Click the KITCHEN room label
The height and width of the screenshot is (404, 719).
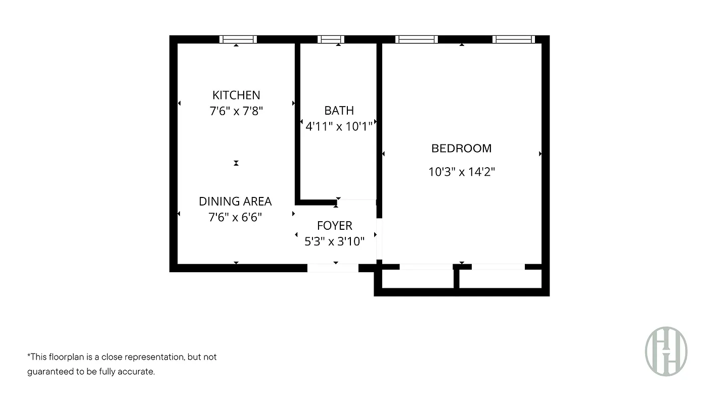point(236,95)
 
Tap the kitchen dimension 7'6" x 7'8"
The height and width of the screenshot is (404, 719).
point(236,111)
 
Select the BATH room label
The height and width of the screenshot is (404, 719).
point(339,110)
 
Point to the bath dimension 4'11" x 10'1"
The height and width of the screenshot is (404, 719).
point(339,126)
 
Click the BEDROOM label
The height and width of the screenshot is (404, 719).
point(461,148)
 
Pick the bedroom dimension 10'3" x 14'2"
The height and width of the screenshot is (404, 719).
point(461,172)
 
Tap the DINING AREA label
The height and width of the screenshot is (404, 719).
point(235,201)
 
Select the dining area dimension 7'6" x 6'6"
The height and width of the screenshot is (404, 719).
point(235,218)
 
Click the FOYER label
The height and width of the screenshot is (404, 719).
point(334,226)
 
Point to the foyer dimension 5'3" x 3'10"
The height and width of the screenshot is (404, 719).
point(334,241)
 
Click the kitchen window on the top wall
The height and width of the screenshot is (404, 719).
point(238,39)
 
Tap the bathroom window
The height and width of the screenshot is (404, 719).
point(331,39)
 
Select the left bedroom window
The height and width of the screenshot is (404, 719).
point(417,39)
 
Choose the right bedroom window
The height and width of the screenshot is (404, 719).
point(513,39)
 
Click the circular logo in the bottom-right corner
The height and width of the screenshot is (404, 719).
point(666,351)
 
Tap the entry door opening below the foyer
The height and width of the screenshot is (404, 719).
point(333,268)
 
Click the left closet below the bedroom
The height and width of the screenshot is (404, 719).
point(418,278)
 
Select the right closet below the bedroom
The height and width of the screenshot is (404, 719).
point(500,278)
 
